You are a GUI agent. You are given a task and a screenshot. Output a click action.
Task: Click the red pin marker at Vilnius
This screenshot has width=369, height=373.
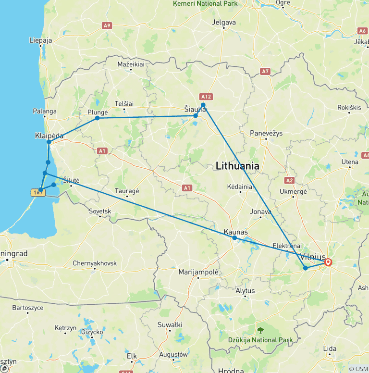coord(328,262)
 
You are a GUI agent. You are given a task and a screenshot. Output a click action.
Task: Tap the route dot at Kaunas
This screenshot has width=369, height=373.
coord(234,238)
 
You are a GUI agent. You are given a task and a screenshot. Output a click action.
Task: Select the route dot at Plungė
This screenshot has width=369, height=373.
coord(98,118)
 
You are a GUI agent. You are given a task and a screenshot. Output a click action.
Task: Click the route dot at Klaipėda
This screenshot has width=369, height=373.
coord(49,142)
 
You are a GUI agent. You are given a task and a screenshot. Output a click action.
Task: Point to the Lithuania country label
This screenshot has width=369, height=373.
coord(238,166)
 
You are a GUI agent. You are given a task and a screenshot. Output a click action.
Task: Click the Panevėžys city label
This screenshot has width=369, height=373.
coord(266,133)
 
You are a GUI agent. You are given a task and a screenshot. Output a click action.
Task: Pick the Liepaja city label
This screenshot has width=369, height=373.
coord(40,40)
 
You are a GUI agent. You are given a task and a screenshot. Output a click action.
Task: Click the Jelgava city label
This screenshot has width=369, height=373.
coord(224,22)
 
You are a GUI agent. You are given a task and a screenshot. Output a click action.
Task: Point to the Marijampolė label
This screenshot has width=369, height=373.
coord(198,272)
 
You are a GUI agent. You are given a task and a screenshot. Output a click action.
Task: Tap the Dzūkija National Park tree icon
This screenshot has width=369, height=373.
coord(260,330)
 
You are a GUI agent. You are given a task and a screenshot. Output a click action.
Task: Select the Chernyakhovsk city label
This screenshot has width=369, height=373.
coord(95,263)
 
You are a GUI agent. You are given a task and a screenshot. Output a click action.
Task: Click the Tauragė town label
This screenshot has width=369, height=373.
coord(127,191)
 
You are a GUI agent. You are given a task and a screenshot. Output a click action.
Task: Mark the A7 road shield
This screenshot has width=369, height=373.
coord(265,71)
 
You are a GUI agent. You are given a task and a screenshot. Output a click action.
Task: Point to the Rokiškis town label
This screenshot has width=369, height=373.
coord(349,107)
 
